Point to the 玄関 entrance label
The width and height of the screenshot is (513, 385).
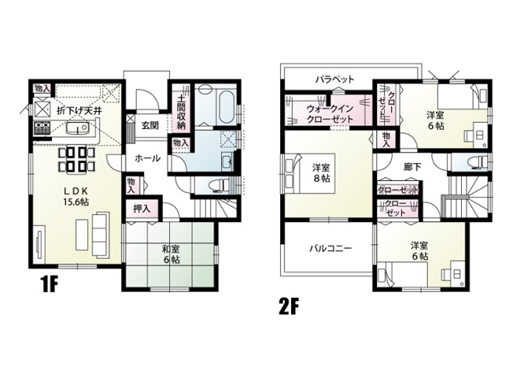click(150, 124)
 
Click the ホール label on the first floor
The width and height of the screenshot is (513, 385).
click(147, 158)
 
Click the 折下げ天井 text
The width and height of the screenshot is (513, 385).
click(79, 110)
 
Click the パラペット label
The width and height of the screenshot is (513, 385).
click(334, 80)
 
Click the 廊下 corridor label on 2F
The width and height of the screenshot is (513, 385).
click(412, 167)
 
